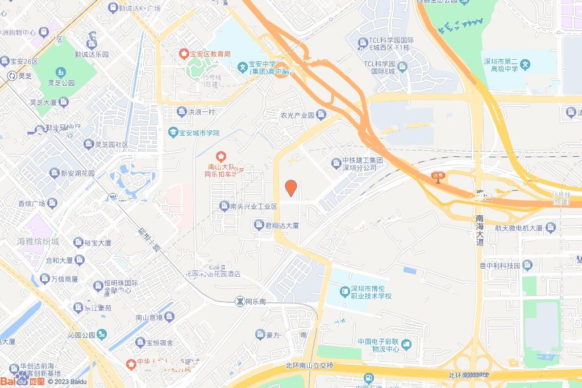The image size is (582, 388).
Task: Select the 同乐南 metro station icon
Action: (x=240, y=301)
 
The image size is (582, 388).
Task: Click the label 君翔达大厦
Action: (x=282, y=226)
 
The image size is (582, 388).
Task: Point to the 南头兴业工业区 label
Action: (x=253, y=206)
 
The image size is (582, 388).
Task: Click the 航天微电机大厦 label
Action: (x=518, y=228)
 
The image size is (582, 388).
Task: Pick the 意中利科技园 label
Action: (x=500, y=265)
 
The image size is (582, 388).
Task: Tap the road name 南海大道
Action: (x=480, y=230)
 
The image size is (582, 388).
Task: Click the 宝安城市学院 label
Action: (x=199, y=133)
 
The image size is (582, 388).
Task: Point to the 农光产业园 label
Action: (x=297, y=115)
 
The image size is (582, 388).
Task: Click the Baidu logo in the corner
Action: (x=23, y=379)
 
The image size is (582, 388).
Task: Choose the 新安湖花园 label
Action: (x=78, y=173)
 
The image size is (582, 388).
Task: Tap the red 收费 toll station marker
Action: (x=436, y=176)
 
